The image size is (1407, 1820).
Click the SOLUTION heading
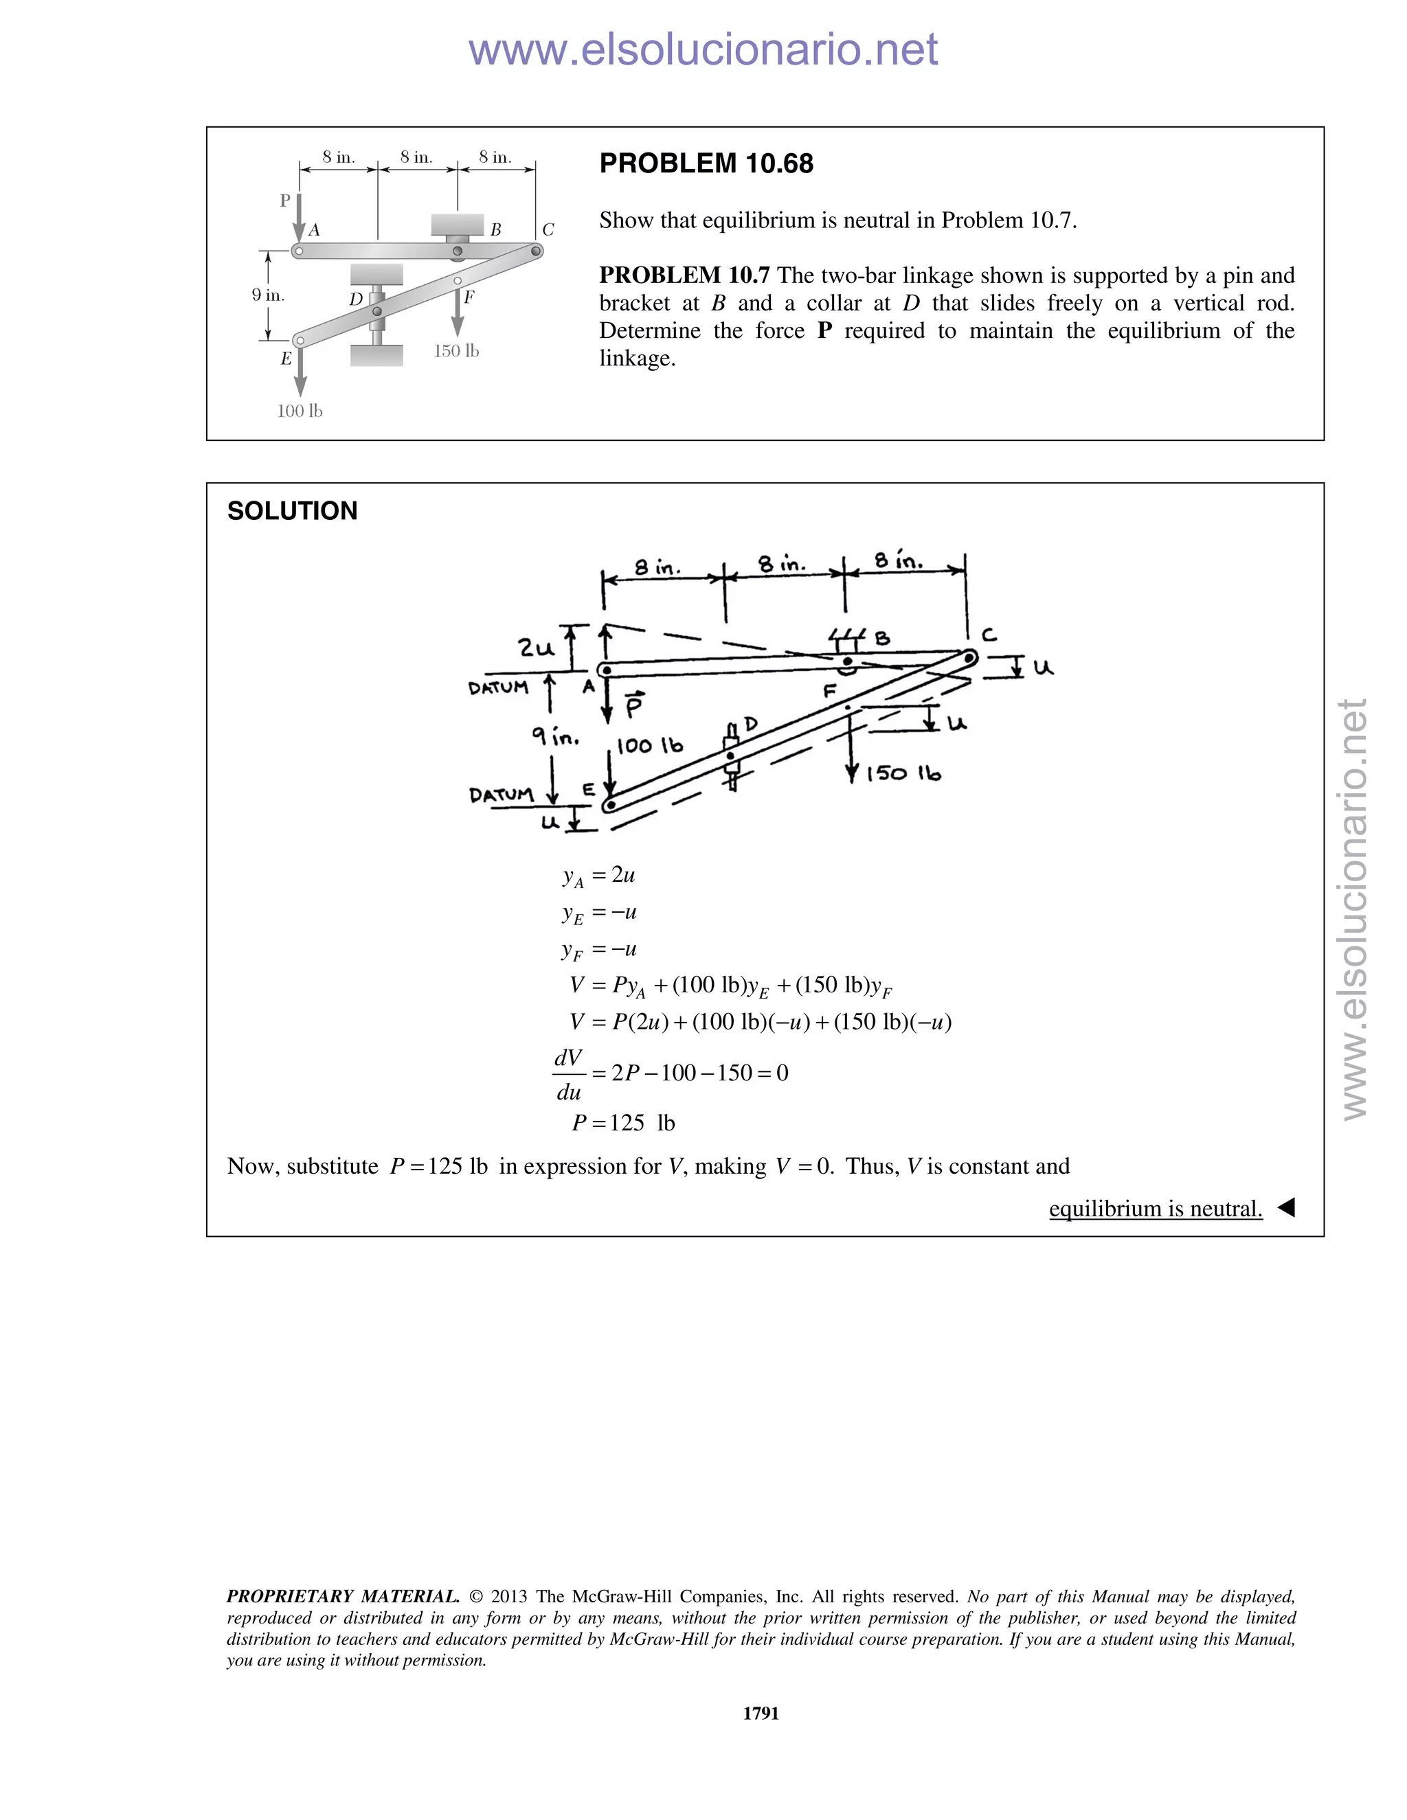coord(292,511)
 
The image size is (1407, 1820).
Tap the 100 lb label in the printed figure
coord(300,411)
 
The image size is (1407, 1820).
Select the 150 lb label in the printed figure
coord(456,351)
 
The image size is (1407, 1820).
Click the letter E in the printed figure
coord(286,359)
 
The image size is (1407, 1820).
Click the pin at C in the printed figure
coord(537,250)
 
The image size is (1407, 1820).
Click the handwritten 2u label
coord(535,648)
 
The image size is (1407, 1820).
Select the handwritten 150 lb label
coord(903,774)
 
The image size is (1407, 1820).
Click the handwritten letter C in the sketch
coord(989,635)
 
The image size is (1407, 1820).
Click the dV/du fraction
coord(568,1074)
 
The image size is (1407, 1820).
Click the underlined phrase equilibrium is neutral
coord(1156,1208)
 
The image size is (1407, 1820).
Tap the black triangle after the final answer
coord(1286,1207)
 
